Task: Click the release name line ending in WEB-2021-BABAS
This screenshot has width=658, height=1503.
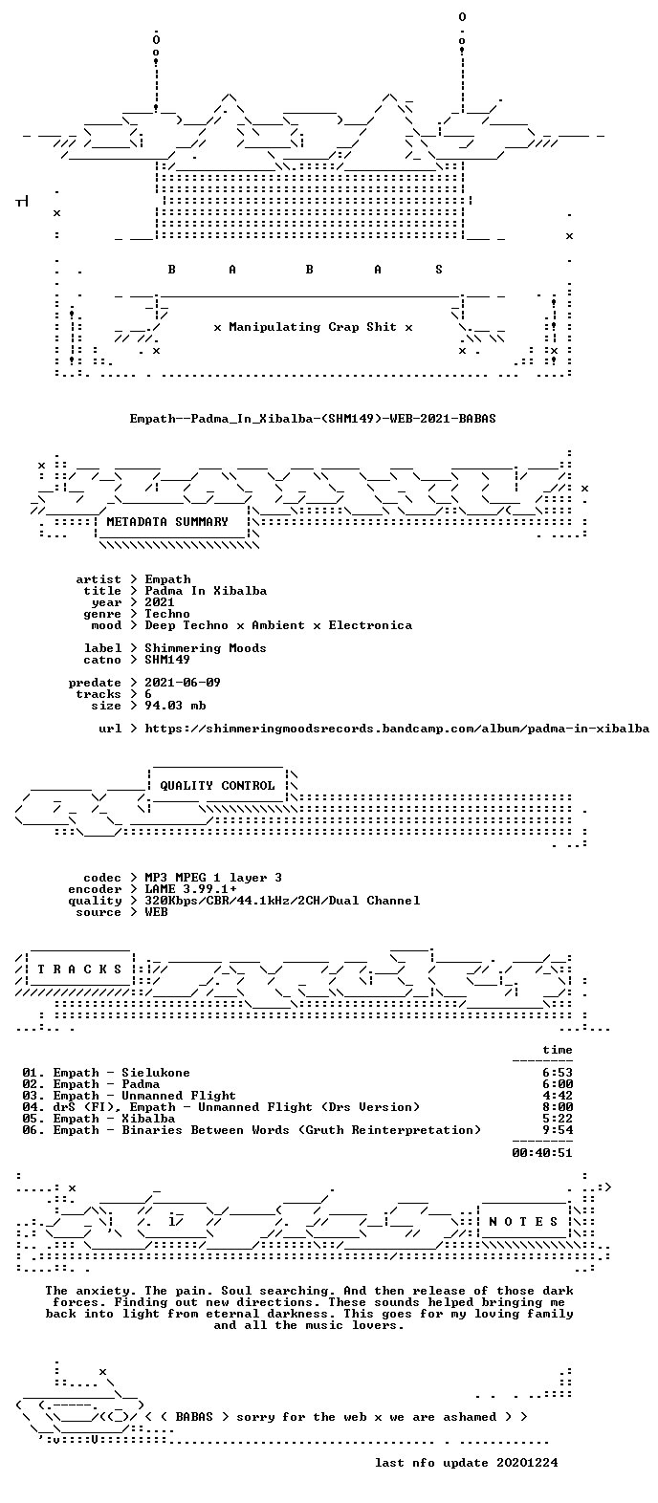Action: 313,419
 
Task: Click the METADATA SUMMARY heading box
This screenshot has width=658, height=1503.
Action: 167,522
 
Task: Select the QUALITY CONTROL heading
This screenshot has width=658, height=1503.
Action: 217,786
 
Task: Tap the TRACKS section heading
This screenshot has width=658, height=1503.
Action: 80,969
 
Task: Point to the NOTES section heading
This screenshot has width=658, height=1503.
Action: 524,1221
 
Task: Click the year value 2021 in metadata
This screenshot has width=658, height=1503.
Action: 160,602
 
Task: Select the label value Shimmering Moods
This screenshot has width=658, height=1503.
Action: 206,648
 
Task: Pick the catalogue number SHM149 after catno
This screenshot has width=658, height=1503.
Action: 167,660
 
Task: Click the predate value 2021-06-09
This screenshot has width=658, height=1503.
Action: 183,683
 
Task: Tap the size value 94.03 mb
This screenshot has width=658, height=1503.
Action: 175,706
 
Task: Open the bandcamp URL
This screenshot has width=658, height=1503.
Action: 397,729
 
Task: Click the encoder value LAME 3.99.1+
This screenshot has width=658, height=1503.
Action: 190,889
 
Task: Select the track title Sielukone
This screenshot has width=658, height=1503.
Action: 156,1073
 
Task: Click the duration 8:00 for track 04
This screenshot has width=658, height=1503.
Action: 558,1107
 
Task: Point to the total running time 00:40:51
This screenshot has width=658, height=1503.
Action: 542,1153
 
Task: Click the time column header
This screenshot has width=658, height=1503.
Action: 558,1050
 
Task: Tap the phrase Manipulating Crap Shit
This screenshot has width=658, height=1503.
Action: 312,327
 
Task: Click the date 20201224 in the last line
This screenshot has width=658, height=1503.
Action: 527,1463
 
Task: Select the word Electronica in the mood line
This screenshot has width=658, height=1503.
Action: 370,625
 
